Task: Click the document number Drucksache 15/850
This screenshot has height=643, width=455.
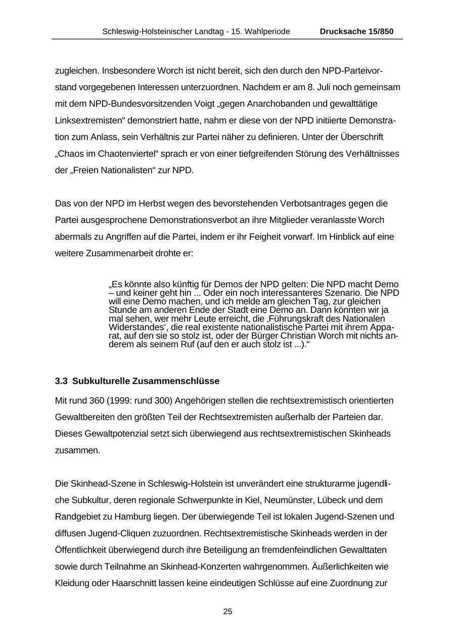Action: [x=356, y=31]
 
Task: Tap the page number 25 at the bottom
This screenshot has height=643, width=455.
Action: [x=227, y=612]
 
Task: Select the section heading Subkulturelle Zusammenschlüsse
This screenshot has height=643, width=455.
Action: [x=146, y=380]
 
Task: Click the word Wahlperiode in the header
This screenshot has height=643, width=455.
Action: [x=265, y=31]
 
